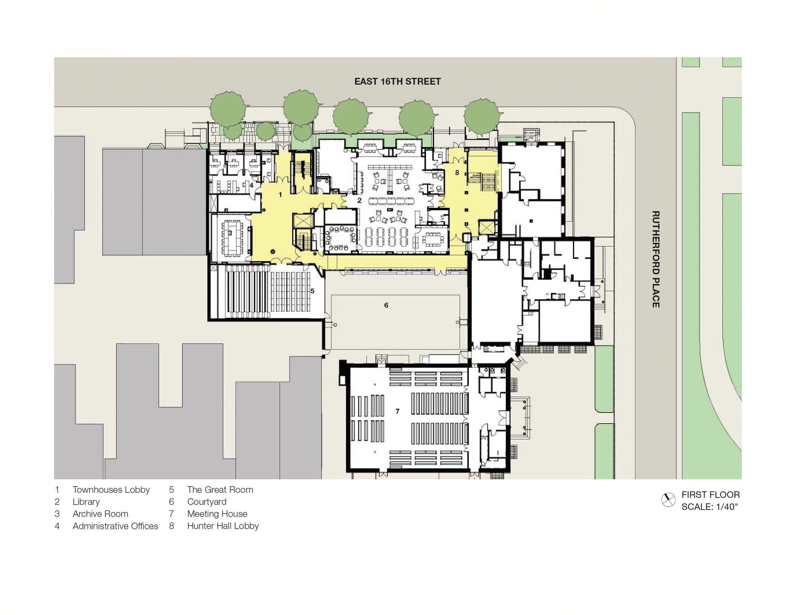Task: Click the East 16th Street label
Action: tap(398, 82)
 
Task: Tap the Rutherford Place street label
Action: tap(656, 259)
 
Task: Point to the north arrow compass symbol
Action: tap(668, 500)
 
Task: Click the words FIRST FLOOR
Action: tap(710, 495)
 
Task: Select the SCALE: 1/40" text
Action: tap(710, 507)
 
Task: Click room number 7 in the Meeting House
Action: tap(398, 411)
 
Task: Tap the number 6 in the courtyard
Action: tap(386, 305)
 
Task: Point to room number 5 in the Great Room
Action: tap(312, 291)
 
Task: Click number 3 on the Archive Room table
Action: tap(230, 233)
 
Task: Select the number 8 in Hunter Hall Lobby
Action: tap(457, 173)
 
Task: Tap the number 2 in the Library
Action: tap(359, 200)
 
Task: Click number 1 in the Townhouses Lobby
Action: tap(281, 195)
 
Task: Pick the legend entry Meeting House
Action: tap(217, 514)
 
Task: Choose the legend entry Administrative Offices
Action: tap(115, 526)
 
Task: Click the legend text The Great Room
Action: tap(220, 490)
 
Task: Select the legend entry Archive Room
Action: tap(100, 514)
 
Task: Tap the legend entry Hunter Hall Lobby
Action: tap(223, 526)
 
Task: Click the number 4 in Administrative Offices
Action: tap(252, 185)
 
